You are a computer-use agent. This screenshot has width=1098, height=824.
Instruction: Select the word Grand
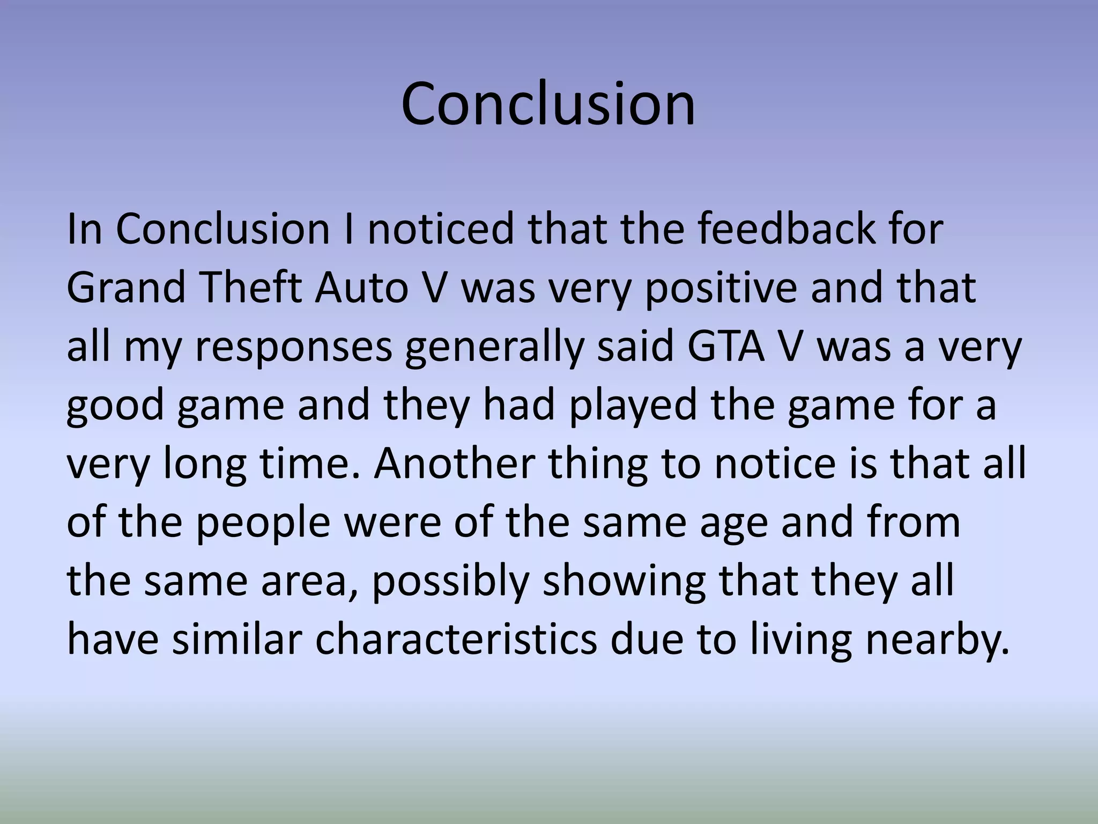[x=127, y=288]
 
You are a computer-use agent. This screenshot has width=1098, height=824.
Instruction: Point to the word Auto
[x=361, y=288]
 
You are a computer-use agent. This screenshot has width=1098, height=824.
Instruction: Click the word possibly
[x=450, y=583]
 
